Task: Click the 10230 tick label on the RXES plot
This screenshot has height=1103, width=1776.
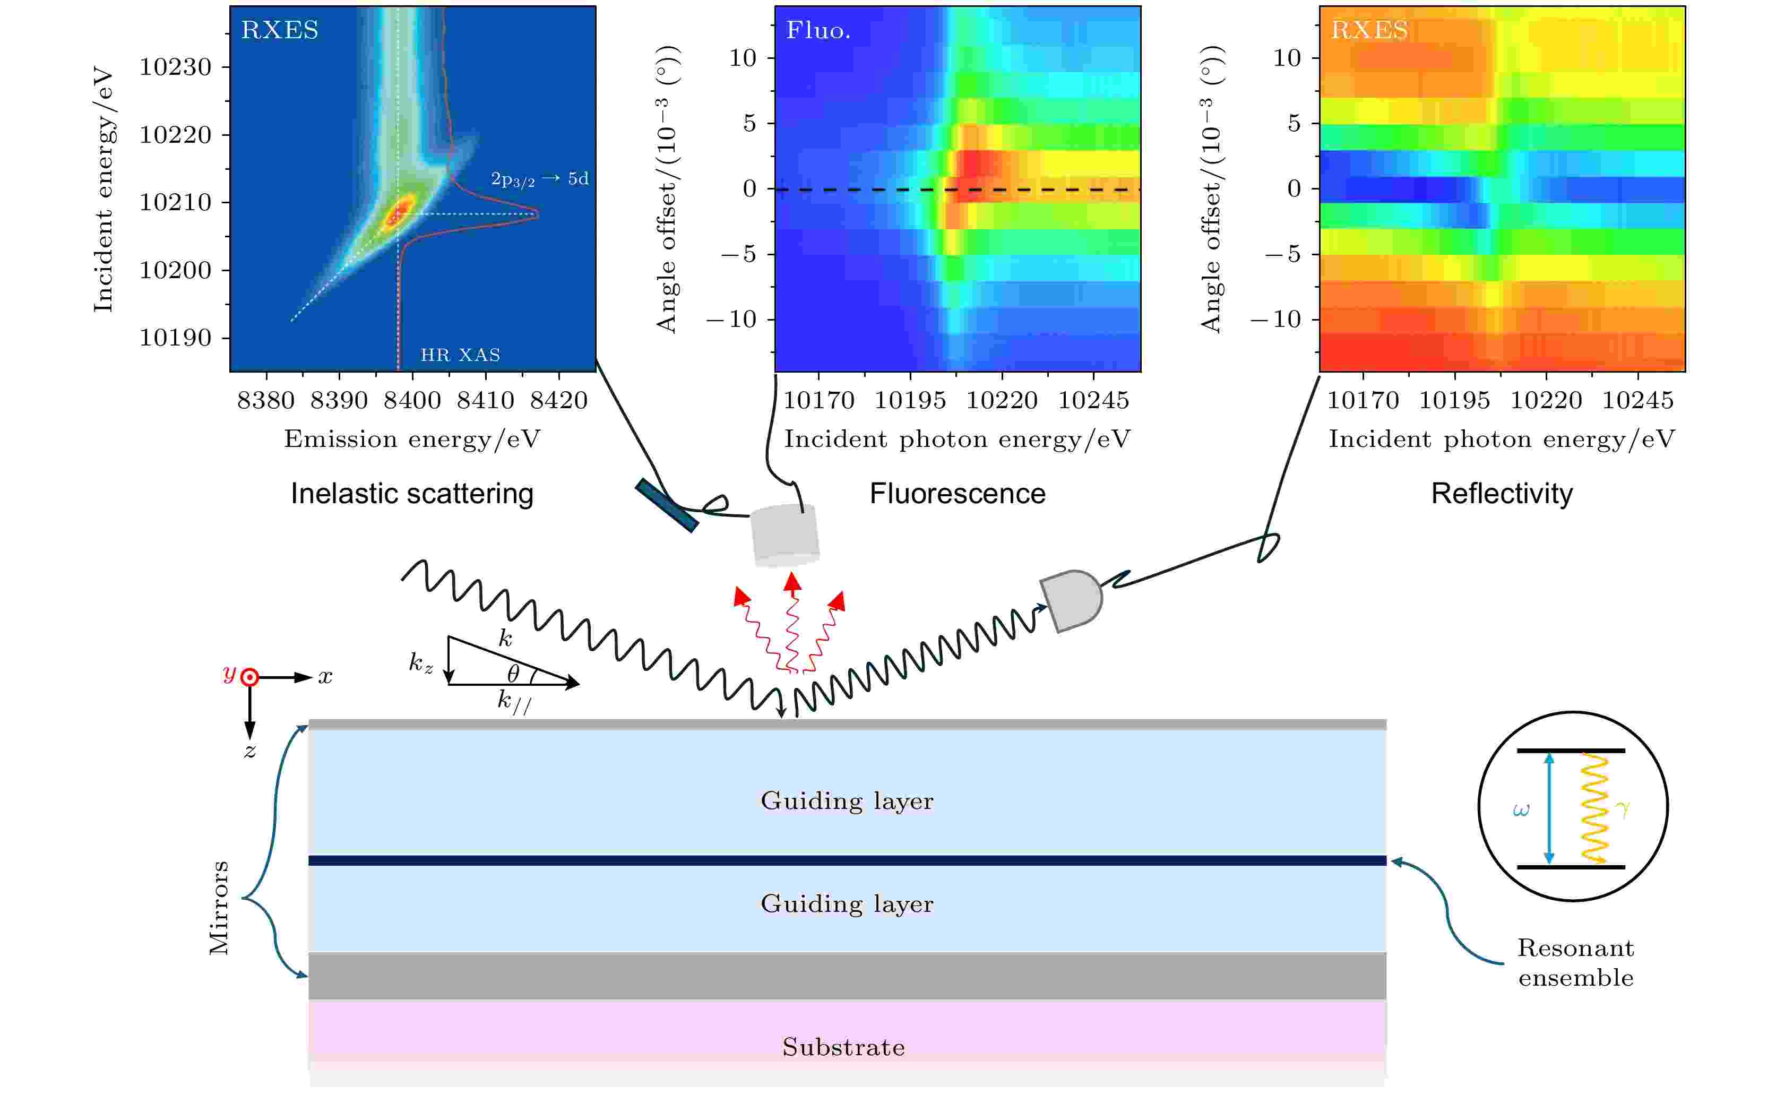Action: [x=175, y=67]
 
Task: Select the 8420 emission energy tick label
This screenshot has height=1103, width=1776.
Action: [x=559, y=401]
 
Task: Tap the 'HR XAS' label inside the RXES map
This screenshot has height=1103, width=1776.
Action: [x=460, y=355]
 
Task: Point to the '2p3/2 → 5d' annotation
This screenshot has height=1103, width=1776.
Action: [x=540, y=179]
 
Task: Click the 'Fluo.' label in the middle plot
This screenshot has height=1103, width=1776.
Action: [x=817, y=30]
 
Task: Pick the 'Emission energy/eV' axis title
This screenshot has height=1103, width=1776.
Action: [x=412, y=439]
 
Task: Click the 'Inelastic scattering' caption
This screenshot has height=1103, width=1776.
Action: [x=412, y=494]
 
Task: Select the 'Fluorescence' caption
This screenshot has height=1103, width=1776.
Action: [x=957, y=494]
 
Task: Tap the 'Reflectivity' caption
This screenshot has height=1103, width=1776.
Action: [x=1502, y=494]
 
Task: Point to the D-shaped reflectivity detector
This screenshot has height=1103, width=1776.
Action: [x=1072, y=600]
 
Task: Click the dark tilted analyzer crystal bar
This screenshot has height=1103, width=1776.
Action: [x=667, y=505]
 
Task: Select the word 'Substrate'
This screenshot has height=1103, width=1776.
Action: [x=844, y=1048]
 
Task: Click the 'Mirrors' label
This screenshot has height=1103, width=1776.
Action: [x=219, y=908]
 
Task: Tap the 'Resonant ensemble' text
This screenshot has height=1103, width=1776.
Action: [x=1575, y=962]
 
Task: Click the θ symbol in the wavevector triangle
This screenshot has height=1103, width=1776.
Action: [x=513, y=673]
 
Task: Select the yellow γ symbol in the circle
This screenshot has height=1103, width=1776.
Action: [x=1623, y=808]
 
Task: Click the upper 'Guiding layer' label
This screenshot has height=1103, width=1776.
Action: [x=847, y=801]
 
